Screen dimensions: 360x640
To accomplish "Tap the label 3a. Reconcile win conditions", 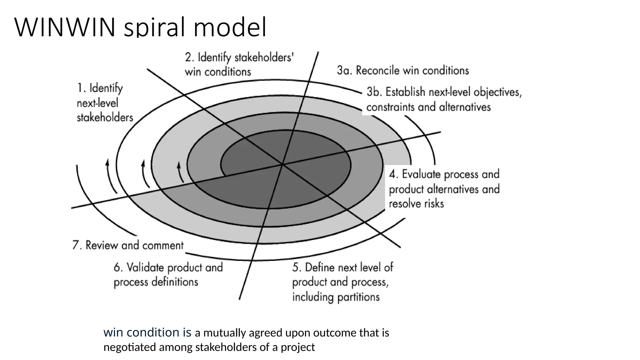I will pos(402,71).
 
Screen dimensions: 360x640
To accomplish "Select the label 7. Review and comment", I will pos(128,245).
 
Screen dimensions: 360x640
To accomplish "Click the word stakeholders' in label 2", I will pos(264,58).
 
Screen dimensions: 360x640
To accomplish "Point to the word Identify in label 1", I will pos(106,88).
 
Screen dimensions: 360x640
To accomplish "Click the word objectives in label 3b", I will pos(497,92).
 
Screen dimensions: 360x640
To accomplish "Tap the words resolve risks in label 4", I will pos(416,204).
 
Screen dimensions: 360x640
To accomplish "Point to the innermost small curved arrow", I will pos(180,172).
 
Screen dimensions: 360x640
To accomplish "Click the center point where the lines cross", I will pos(282,164).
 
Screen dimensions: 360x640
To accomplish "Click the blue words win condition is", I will pos(147,332).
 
